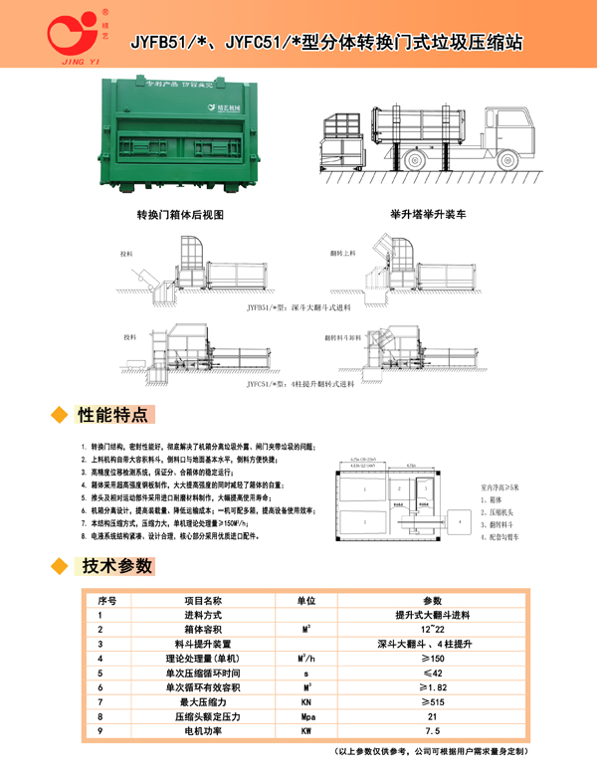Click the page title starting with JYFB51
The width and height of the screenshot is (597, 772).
pyautogui.click(x=327, y=44)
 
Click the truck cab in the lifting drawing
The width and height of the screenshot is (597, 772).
pyautogui.click(x=508, y=137)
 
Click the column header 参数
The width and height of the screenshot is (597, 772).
pyautogui.click(x=432, y=601)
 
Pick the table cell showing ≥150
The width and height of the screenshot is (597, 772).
pyautogui.click(x=432, y=659)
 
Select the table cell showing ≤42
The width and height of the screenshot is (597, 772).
pyautogui.click(x=432, y=673)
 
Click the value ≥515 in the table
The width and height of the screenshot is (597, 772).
pyautogui.click(x=432, y=701)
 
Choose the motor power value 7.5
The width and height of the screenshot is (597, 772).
pyautogui.click(x=432, y=730)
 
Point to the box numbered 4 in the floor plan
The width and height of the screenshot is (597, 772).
pyautogui.click(x=463, y=517)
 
